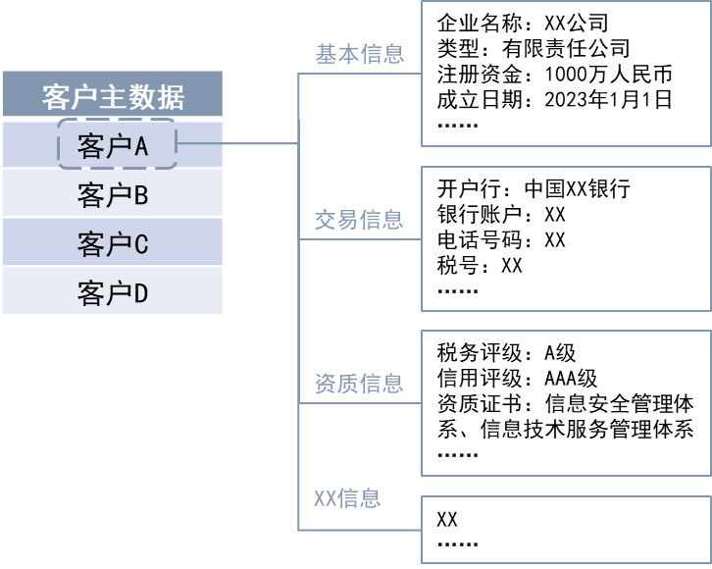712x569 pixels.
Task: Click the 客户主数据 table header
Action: click(113, 96)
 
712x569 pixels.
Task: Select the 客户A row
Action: click(113, 145)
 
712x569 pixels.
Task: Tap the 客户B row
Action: click(113, 194)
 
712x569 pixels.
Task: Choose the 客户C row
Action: click(113, 243)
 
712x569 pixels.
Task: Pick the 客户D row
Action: click(113, 292)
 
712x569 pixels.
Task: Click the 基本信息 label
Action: click(359, 54)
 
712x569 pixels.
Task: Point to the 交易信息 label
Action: click(359, 220)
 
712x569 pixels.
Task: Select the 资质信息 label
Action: click(359, 384)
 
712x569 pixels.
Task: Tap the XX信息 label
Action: click(347, 498)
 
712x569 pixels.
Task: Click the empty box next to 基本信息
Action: click(566, 74)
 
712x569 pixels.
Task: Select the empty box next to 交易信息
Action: click(566, 238)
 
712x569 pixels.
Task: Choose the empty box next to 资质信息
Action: click(566, 402)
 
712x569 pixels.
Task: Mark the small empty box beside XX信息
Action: click(566, 529)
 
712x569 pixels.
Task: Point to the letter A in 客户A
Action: click(140, 146)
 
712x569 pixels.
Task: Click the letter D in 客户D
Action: click(140, 293)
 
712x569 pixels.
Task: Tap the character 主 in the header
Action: click(112, 97)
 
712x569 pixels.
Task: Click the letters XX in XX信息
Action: click(325, 498)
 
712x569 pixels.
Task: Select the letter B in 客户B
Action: click(140, 195)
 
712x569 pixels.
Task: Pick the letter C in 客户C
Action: click(140, 244)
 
